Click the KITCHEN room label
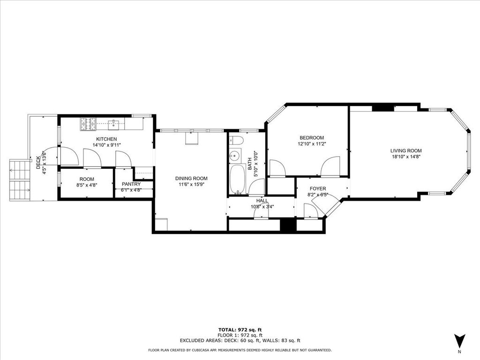tap(106, 139)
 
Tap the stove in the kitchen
tap(88, 124)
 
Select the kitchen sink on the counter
tap(114, 124)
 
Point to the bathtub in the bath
tap(237, 180)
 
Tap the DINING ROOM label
tap(191, 179)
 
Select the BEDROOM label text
tap(312, 138)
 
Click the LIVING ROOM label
tap(406, 150)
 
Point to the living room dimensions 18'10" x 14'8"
tap(406, 157)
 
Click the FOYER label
tap(318, 188)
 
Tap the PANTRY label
tap(131, 184)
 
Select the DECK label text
tap(38, 163)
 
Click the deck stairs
tap(20, 180)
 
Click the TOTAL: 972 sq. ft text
tap(240, 330)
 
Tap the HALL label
tap(262, 201)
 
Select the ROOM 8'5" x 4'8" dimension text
tap(87, 185)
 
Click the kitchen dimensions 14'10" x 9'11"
tap(107, 145)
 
